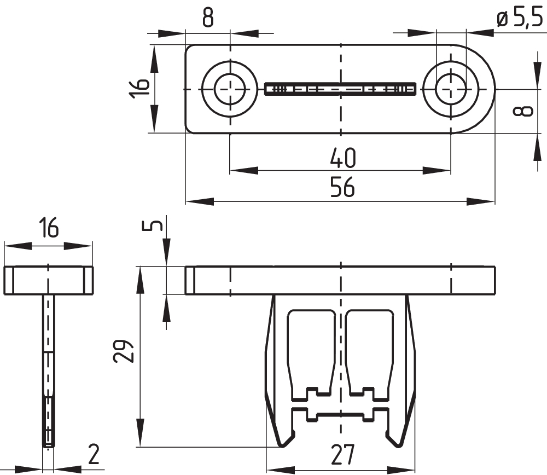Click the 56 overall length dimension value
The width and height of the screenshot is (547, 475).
tap(342, 188)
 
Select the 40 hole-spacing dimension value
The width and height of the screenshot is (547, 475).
tap(343, 159)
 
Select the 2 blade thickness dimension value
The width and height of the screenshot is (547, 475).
tap(94, 454)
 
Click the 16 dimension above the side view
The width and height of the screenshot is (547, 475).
tap(48, 228)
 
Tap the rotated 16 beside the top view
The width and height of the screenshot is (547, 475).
tap(139, 88)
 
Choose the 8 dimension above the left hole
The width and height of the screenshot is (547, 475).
tap(207, 18)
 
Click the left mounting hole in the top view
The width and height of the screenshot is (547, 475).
tap(229, 89)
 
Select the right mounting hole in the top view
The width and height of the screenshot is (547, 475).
tap(451, 89)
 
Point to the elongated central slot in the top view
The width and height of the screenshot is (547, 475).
tap(340, 89)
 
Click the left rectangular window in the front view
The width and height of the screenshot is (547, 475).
tap(311, 350)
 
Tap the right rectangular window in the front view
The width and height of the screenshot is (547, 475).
tap(370, 350)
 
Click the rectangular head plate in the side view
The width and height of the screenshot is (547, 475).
tap(49, 280)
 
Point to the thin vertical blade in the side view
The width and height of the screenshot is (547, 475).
tap(49, 372)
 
